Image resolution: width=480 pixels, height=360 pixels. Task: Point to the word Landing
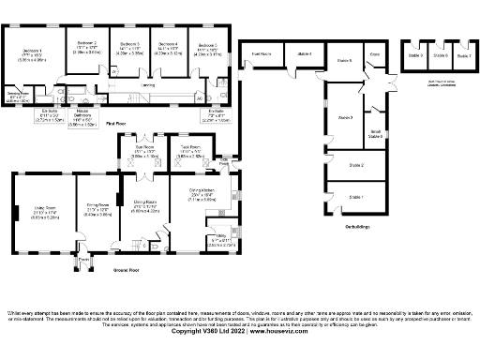point(147,85)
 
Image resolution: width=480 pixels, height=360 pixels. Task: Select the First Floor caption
point(115,123)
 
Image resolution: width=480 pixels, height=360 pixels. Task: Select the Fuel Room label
point(262,55)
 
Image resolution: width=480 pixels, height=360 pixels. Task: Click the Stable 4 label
point(305,55)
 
